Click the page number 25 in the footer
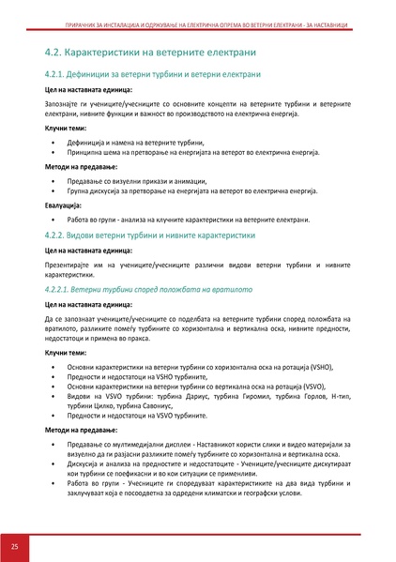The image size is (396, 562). coord(15,545)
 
